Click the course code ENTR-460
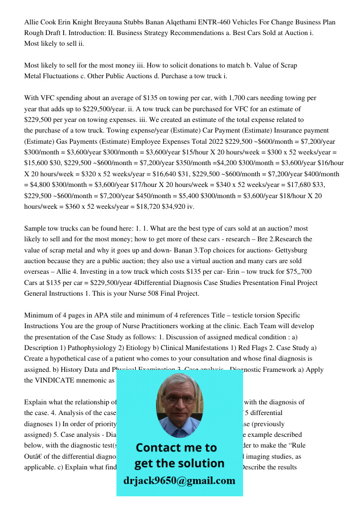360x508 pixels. pos(226,22)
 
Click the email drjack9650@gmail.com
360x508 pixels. pos(179,481)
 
